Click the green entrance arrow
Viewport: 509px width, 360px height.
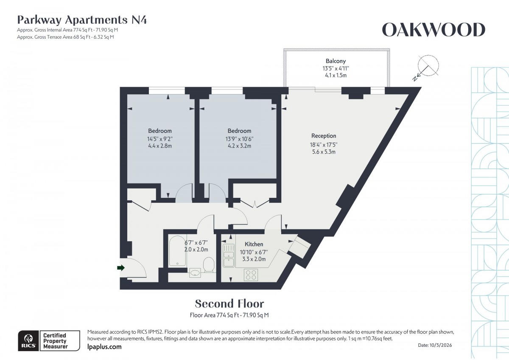[121, 267]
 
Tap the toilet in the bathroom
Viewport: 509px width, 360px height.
[209, 264]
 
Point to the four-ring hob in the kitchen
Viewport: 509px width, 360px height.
[250, 275]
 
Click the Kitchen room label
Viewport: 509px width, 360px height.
[254, 244]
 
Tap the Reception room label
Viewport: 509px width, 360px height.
[324, 136]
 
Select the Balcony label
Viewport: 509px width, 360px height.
[336, 61]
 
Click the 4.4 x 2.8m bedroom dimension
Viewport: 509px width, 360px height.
[160, 146]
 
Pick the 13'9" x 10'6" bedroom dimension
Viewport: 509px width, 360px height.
[239, 138]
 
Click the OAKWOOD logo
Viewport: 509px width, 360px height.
[433, 30]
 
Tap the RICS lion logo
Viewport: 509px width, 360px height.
[28, 341]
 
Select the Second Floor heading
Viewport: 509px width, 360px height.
[229, 304]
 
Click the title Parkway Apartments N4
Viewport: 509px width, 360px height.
[82, 20]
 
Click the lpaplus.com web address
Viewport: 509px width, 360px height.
[104, 347]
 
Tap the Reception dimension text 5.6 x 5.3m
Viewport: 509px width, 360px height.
[324, 151]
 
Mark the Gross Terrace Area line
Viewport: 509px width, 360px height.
[65, 37]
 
